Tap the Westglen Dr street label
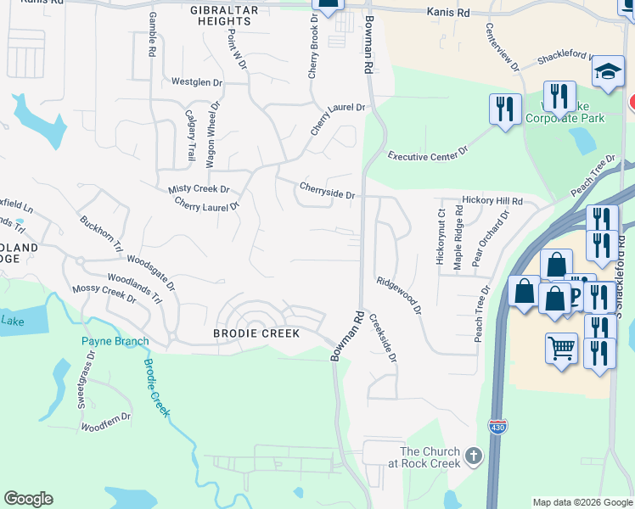pos(196,82)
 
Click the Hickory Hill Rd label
pos(492,201)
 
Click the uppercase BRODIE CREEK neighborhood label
pos(256,333)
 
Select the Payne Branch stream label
pos(115,341)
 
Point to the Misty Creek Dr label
pos(199,189)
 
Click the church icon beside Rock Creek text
pos(473,456)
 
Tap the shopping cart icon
pos(561,348)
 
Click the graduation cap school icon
pos(609,73)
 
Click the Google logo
pos(28,499)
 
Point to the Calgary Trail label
pos(188,135)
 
